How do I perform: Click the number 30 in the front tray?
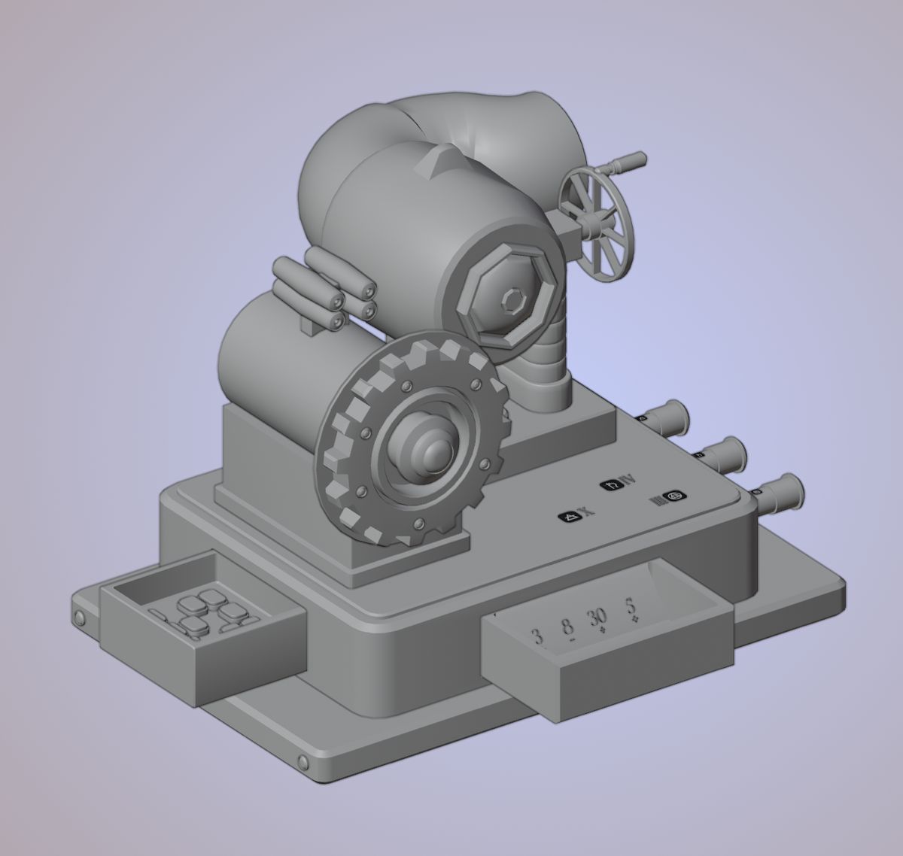597,618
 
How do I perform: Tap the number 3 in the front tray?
537,637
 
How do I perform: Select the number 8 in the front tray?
568,625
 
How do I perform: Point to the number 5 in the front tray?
631,606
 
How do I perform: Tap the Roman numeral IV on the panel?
625,481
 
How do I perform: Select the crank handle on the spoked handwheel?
626,160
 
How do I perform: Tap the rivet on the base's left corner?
79,618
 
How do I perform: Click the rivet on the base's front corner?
303,763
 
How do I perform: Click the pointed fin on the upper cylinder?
445,159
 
